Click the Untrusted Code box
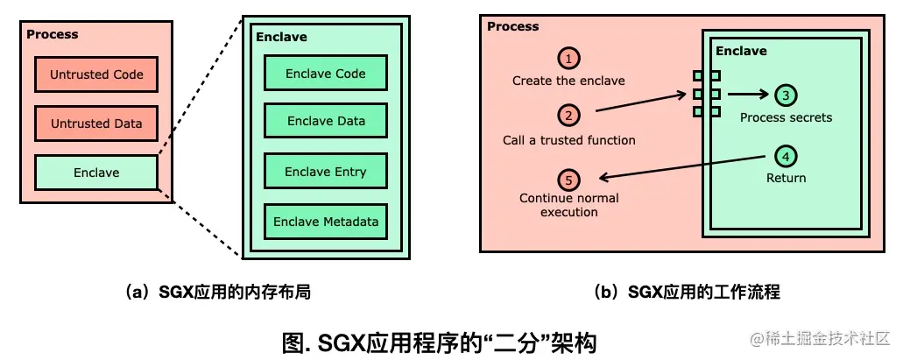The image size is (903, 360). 96,74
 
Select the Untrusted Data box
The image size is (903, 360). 96,124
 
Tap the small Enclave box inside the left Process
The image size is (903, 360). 96,173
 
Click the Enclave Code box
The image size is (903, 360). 326,74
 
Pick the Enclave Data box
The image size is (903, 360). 326,122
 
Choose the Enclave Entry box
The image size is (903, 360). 326,172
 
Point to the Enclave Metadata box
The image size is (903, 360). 326,222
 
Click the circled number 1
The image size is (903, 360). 569,59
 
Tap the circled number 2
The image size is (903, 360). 569,115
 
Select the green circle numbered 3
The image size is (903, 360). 786,95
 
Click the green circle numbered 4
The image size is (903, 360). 786,157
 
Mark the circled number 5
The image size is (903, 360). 569,180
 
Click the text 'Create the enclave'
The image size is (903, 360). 569,81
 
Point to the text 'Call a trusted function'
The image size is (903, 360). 569,140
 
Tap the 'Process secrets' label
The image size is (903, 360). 786,117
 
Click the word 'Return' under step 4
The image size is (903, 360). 786,178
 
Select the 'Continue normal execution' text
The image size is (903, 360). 569,205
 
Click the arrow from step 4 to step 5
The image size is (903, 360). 674,168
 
